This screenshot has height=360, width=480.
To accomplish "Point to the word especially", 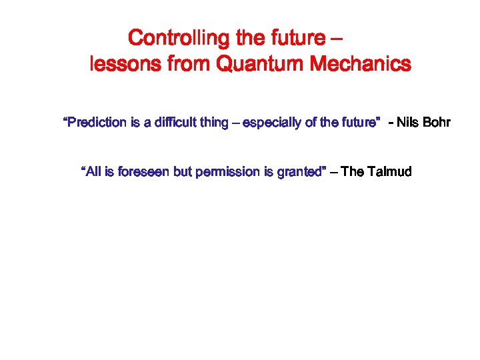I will (x=273, y=123).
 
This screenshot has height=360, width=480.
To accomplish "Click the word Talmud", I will (x=389, y=172).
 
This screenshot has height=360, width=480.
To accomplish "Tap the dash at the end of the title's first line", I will (x=337, y=38).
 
